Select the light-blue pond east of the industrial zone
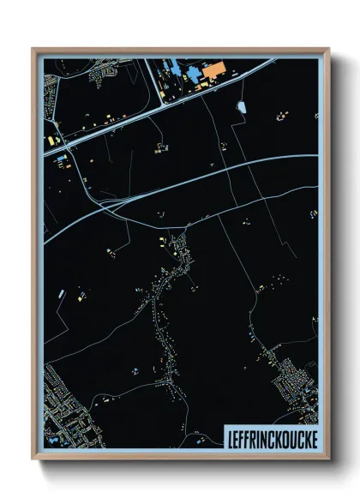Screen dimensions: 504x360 (x=241, y=108)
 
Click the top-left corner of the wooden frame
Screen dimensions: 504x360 (x=33, y=49)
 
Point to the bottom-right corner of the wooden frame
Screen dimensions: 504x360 (x=328, y=459)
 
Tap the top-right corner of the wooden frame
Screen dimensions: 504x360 (x=328, y=49)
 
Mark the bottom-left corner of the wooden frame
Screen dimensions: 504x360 (x=33, y=459)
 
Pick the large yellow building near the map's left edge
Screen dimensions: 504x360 (x=51, y=138)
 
